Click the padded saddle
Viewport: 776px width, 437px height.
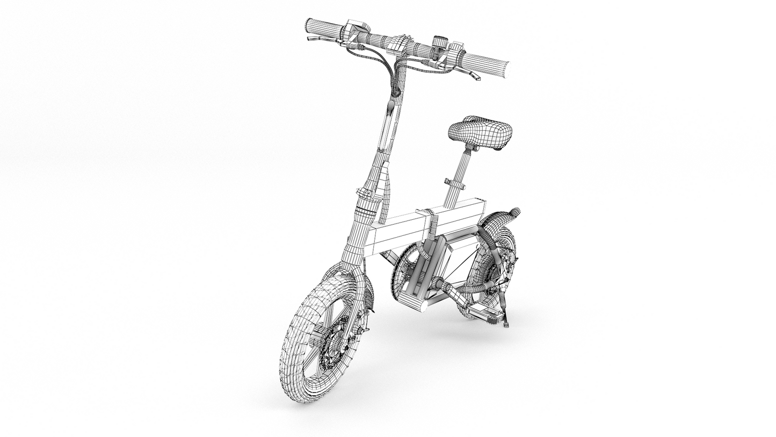click(480, 132)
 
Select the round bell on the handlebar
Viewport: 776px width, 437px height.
click(440, 41)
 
